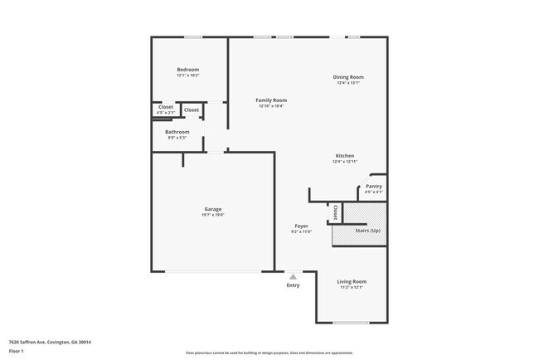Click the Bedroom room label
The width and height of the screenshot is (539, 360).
point(188,70)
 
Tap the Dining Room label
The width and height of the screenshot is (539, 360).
point(348,77)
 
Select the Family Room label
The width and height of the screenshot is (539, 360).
point(271,100)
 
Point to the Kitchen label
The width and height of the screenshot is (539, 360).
point(345,156)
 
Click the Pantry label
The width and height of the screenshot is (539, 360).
point(374,186)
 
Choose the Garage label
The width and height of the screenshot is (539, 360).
point(213,208)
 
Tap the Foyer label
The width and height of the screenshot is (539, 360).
point(302,226)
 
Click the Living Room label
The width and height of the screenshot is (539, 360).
point(353,281)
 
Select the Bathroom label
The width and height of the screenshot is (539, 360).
point(177,132)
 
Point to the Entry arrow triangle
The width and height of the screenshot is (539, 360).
point(293,277)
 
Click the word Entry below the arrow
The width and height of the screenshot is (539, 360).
point(293,286)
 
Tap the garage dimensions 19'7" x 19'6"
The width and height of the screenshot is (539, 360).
point(213,215)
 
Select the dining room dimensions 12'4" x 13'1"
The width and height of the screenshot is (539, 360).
point(348,83)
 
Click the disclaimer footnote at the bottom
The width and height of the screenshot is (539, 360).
point(269,353)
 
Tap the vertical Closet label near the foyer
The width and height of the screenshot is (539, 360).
point(335,212)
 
